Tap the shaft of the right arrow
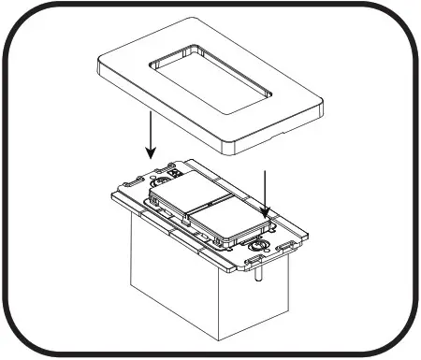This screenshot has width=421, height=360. (268, 191)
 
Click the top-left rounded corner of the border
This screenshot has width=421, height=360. (21, 21)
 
